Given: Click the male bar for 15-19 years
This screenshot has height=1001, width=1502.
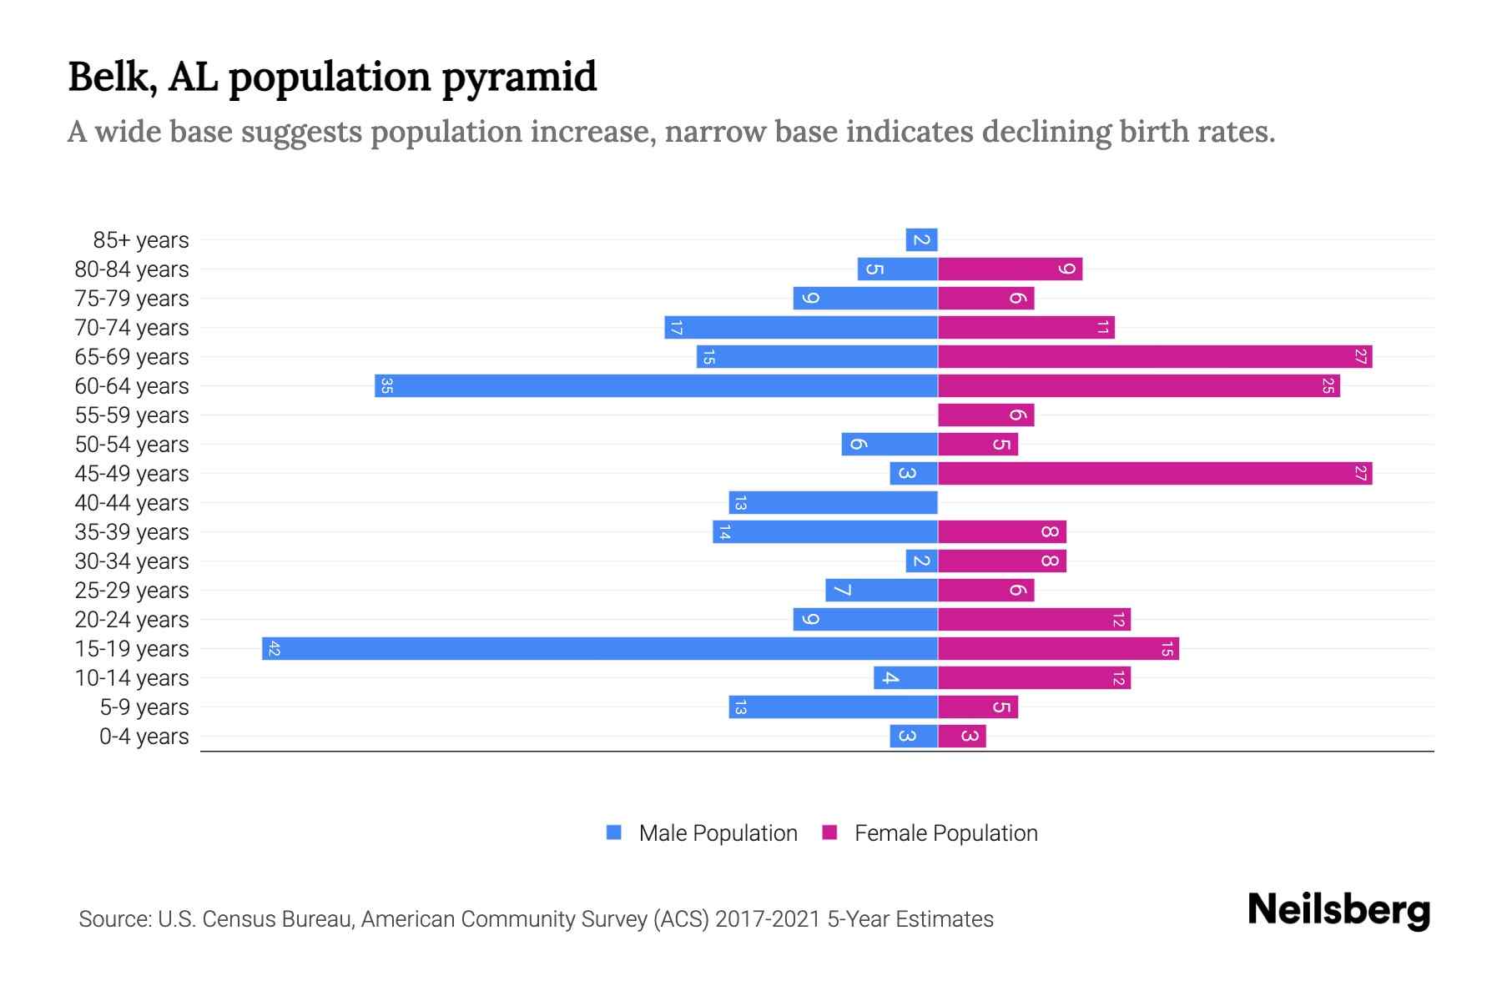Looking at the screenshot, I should (x=599, y=648).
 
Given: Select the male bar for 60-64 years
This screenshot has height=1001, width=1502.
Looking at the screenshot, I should (x=656, y=385).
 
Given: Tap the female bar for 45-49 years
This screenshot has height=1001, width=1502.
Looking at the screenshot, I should (x=1155, y=473).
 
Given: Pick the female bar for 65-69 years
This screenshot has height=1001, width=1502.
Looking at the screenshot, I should (x=1155, y=356).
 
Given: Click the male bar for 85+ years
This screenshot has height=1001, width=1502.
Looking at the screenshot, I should (x=921, y=239).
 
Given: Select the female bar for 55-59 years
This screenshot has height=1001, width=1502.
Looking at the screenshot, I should (x=985, y=415).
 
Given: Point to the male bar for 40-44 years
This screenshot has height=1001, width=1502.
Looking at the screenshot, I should (x=833, y=502).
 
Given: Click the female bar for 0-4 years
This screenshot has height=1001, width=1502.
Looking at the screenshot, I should (x=961, y=736).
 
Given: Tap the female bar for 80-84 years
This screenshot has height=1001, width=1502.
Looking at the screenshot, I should (x=1010, y=269).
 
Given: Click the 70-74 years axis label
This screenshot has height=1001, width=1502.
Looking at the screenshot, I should (x=132, y=328).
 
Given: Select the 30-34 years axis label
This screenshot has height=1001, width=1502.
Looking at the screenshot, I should (x=132, y=561).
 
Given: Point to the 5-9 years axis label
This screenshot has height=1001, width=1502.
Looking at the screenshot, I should (x=144, y=707).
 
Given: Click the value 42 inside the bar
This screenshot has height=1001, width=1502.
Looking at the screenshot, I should (x=274, y=648).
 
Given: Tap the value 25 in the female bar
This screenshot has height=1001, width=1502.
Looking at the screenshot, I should (x=1328, y=385).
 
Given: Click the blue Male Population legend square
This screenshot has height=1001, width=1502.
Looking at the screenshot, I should (x=614, y=832).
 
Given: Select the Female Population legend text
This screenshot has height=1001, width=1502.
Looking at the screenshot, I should (x=945, y=833).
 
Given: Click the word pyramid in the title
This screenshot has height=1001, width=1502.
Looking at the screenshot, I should (x=519, y=78).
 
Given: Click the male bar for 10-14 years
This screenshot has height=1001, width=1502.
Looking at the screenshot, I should (x=905, y=677).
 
